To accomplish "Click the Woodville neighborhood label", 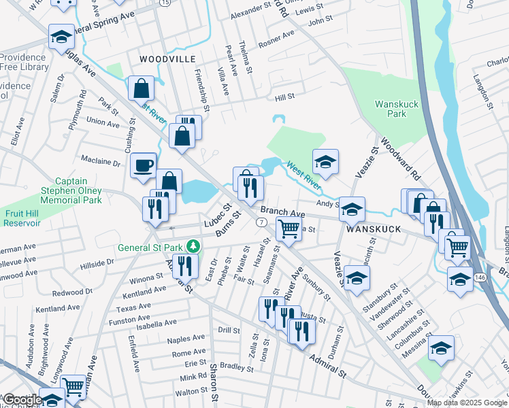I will (163, 60).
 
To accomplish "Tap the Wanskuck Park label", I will (397, 109).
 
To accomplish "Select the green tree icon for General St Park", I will (193, 245).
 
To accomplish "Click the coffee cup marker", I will (143, 165).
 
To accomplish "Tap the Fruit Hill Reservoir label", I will (24, 218).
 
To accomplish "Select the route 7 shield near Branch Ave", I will (261, 222).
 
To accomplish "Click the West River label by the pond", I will (303, 173).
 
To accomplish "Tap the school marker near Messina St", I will (442, 347).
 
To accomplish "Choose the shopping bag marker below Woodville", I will (141, 88).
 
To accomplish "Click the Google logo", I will (22, 400).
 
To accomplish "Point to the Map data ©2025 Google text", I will (467, 403).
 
